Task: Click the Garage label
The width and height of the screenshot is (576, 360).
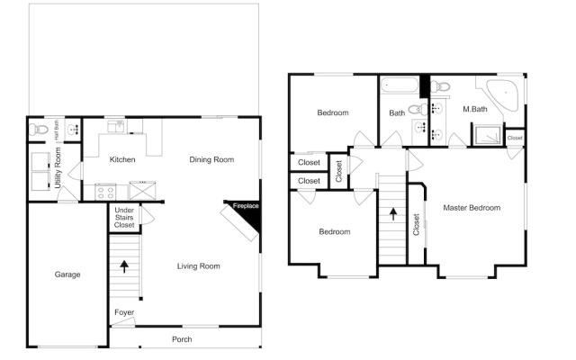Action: click(67, 274)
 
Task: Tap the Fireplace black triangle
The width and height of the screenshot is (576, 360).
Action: click(250, 213)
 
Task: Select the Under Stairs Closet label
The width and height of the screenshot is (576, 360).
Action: click(124, 218)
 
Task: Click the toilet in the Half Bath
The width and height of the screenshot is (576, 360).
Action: click(39, 130)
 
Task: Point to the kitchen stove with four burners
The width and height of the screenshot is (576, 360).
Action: click(105, 192)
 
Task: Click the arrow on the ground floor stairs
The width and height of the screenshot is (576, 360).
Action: click(124, 266)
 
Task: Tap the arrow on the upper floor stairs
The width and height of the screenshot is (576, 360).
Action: click(393, 214)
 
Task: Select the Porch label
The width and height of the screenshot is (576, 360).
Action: click(182, 339)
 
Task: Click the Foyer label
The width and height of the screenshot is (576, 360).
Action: click(124, 312)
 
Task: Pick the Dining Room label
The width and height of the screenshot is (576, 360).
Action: click(211, 159)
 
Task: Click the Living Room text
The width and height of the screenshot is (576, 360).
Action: click(199, 266)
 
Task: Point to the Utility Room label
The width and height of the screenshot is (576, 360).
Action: click(58, 167)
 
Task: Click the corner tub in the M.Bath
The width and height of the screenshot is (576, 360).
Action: click(502, 95)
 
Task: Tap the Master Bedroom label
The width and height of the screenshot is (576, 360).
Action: click(472, 208)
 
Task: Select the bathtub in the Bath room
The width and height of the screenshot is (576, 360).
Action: click(400, 85)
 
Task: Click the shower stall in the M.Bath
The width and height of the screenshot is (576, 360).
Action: click(488, 135)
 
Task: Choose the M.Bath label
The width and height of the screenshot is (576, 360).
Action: click(475, 109)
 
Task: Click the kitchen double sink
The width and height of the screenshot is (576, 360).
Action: click(116, 126)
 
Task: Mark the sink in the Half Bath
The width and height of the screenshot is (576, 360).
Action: click(73, 130)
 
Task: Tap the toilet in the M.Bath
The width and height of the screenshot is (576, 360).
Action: click(440, 87)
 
